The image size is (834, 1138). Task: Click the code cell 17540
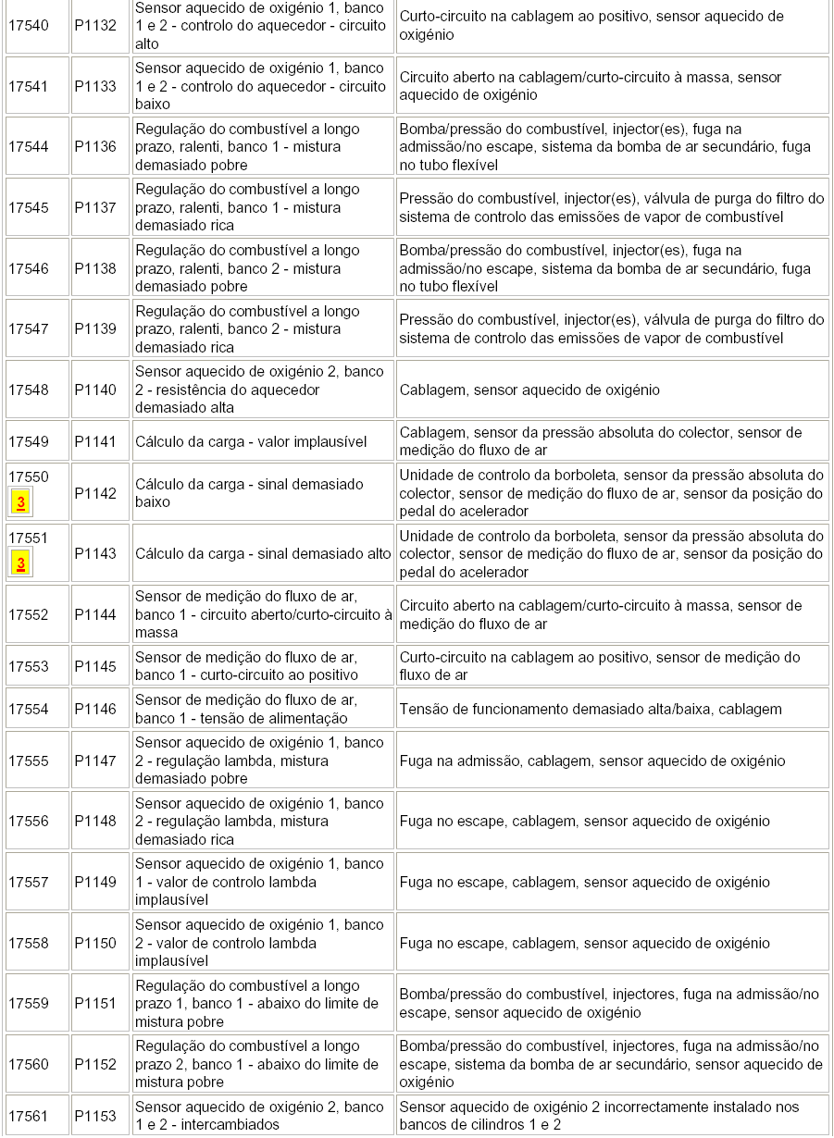[29, 26]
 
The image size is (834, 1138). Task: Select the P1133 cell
[95, 86]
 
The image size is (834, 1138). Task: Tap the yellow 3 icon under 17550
[20, 502]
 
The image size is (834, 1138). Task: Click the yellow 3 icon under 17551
[20, 563]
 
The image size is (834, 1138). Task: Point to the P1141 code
[95, 441]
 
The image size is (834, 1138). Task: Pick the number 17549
[29, 441]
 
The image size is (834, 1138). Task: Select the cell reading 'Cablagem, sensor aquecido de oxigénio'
[529, 390]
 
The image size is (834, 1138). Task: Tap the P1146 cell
[95, 709]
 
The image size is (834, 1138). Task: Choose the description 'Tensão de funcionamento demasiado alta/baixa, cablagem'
[591, 709]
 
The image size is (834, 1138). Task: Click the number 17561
[29, 1116]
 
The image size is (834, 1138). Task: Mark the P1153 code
[95, 1116]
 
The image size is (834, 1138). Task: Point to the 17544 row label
[29, 146]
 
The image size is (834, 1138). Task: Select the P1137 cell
[95, 207]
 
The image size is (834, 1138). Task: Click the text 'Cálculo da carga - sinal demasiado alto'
[263, 553]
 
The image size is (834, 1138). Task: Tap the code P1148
[95, 821]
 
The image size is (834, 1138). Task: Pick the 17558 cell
[29, 943]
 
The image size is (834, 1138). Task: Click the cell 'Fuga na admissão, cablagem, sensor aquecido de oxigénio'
[592, 761]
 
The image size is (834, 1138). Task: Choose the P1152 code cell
[95, 1064]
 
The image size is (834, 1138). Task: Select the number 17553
[29, 666]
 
